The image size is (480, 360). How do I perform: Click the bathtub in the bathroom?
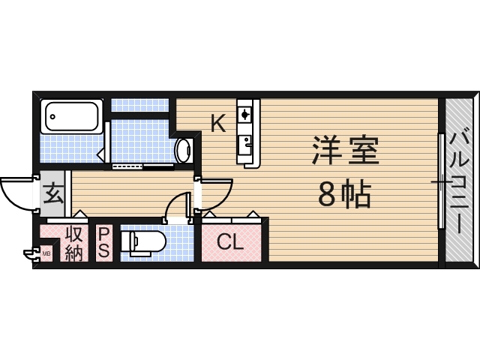(x=72, y=116)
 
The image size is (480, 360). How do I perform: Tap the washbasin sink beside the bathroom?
(x=184, y=151)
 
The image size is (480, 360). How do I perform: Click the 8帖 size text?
(x=345, y=195)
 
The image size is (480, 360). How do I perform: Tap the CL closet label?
(x=230, y=242)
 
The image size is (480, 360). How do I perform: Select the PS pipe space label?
(x=103, y=242)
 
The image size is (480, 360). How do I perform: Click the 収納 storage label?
(x=73, y=242)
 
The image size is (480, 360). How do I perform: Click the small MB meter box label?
(x=46, y=253)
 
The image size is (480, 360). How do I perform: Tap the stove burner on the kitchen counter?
(x=246, y=114)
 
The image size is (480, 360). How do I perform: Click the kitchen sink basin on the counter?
(x=246, y=145)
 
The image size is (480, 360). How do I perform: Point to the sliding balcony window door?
(x=442, y=180)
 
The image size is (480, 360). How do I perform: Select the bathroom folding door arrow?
(x=101, y=153)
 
